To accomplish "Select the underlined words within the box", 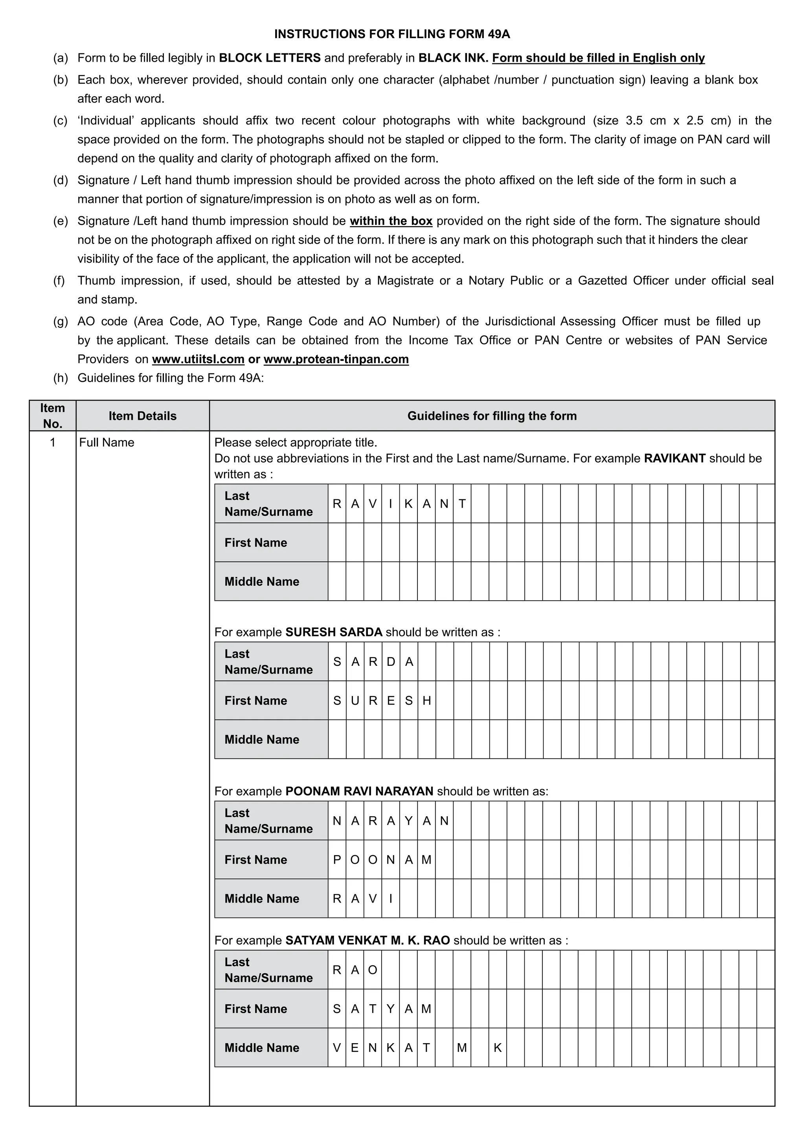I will (x=391, y=221).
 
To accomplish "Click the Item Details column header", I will (x=142, y=416).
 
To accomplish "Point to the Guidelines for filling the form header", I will (x=492, y=416).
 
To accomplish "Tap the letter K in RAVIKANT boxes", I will (x=408, y=504).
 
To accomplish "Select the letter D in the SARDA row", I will (x=391, y=662).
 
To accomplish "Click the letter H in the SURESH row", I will (x=426, y=700).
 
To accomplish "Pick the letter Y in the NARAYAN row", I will (x=408, y=821).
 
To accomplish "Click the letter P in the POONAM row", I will (x=337, y=860).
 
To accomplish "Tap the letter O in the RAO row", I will (x=373, y=970).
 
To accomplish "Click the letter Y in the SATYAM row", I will (x=391, y=1009).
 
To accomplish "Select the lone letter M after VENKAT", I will (x=462, y=1047).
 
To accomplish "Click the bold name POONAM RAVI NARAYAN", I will (x=359, y=791).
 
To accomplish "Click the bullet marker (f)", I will (x=59, y=281).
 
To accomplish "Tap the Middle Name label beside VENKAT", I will (x=262, y=1047).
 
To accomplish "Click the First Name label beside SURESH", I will (x=256, y=700).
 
